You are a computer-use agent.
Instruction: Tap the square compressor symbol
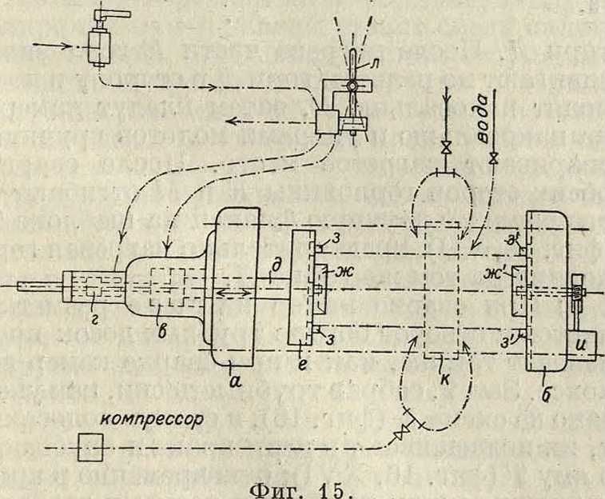[x=90, y=449]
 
